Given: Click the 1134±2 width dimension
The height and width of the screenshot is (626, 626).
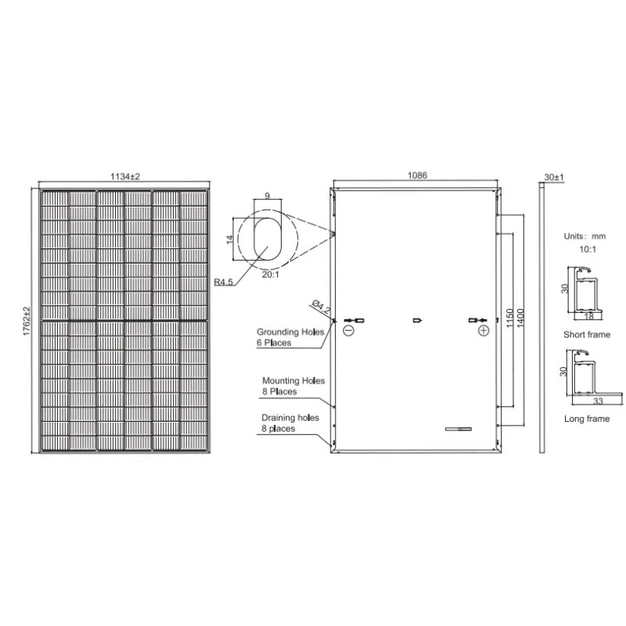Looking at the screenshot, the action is [125, 177].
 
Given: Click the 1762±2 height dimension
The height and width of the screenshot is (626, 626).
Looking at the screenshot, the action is [27, 321].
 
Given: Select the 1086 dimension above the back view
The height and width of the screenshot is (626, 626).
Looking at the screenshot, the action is [417, 175].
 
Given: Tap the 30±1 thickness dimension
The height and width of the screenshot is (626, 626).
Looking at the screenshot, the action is [554, 177].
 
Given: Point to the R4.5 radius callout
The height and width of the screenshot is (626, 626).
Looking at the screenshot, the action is [223, 282].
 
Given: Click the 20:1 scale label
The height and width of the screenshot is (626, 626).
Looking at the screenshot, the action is [271, 275].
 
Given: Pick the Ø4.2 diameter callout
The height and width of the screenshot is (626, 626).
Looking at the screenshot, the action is [321, 306].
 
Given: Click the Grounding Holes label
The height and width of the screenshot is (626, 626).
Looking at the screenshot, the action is [290, 332].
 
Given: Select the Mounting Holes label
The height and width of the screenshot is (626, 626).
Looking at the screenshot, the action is [293, 381].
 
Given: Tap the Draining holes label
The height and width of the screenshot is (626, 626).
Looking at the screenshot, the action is [290, 418].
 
